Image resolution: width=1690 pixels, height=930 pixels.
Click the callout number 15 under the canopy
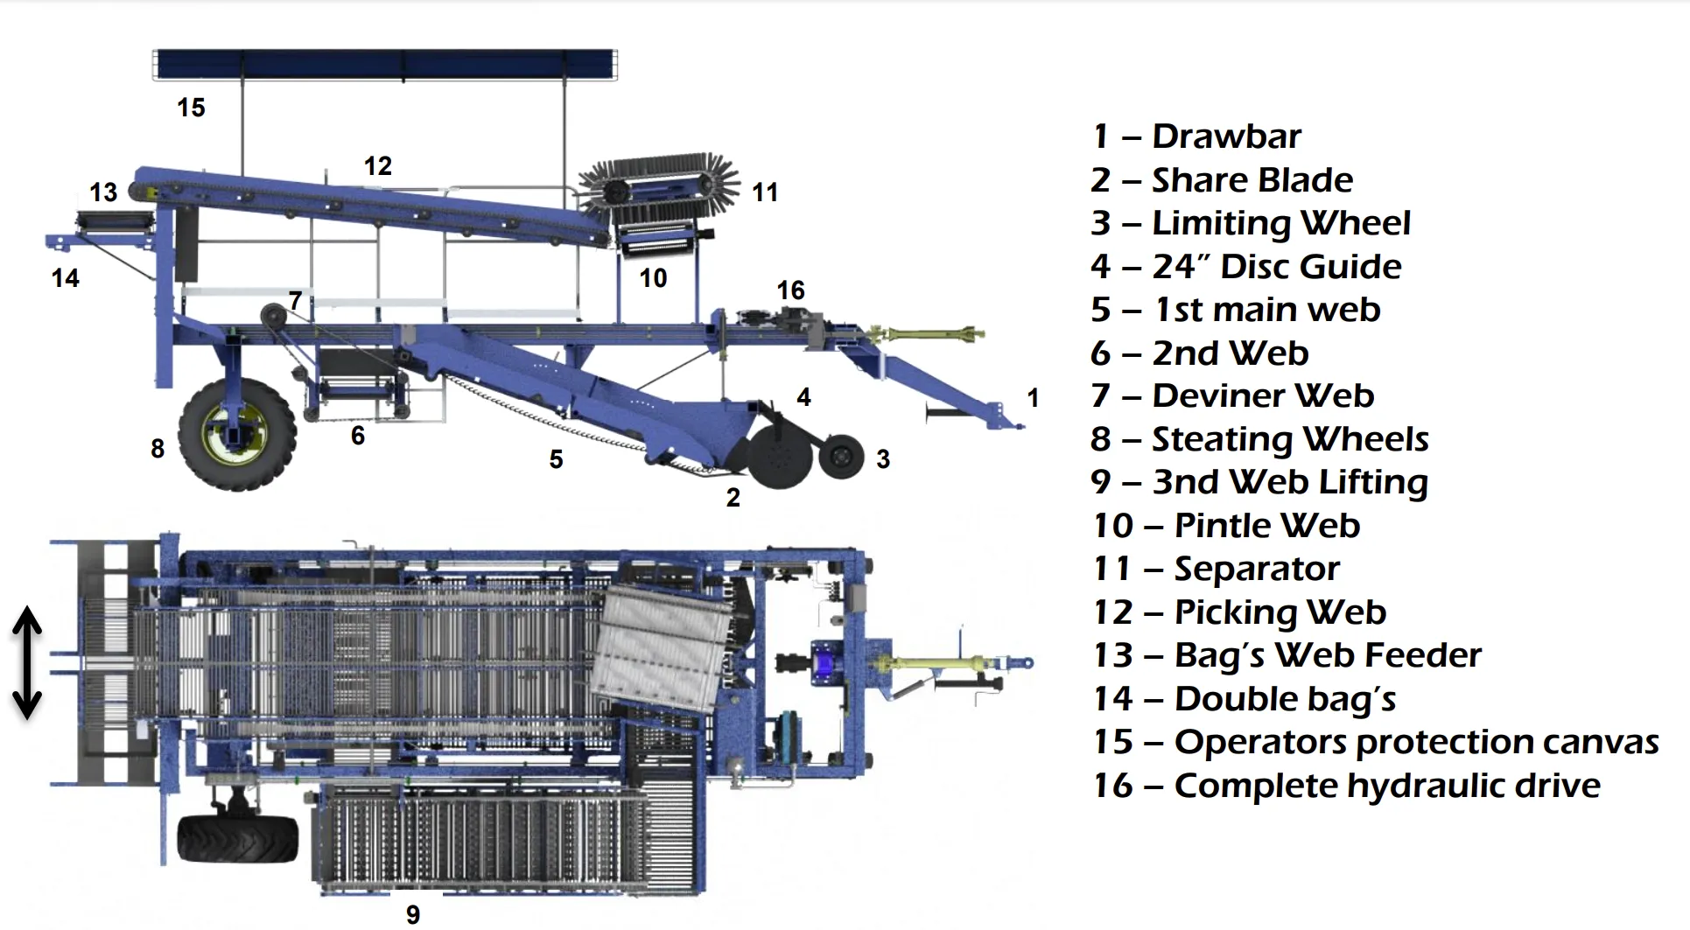191,108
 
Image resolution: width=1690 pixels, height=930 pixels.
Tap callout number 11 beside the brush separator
765,192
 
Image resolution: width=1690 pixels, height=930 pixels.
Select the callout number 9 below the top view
413,914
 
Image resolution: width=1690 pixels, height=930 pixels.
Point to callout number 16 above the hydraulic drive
790,290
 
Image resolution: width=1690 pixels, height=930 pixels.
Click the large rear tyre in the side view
236,434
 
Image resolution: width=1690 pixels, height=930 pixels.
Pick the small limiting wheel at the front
841,456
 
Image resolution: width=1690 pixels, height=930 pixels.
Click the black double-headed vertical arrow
27,662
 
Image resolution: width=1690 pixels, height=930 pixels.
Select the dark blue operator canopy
385,65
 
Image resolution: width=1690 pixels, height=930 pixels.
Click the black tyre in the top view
237,839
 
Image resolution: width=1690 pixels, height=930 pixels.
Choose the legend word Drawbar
1226,136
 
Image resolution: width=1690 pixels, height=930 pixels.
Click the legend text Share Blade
1252,180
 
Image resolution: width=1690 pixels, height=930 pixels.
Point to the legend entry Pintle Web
1266,526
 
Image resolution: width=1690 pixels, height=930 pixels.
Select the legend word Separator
1256,569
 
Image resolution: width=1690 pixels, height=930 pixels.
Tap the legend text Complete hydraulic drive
1386,786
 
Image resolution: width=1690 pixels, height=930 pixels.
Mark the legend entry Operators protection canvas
1415,742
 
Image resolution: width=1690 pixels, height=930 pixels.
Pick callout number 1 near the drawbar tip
1033,398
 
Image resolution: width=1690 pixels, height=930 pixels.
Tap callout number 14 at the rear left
66,278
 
